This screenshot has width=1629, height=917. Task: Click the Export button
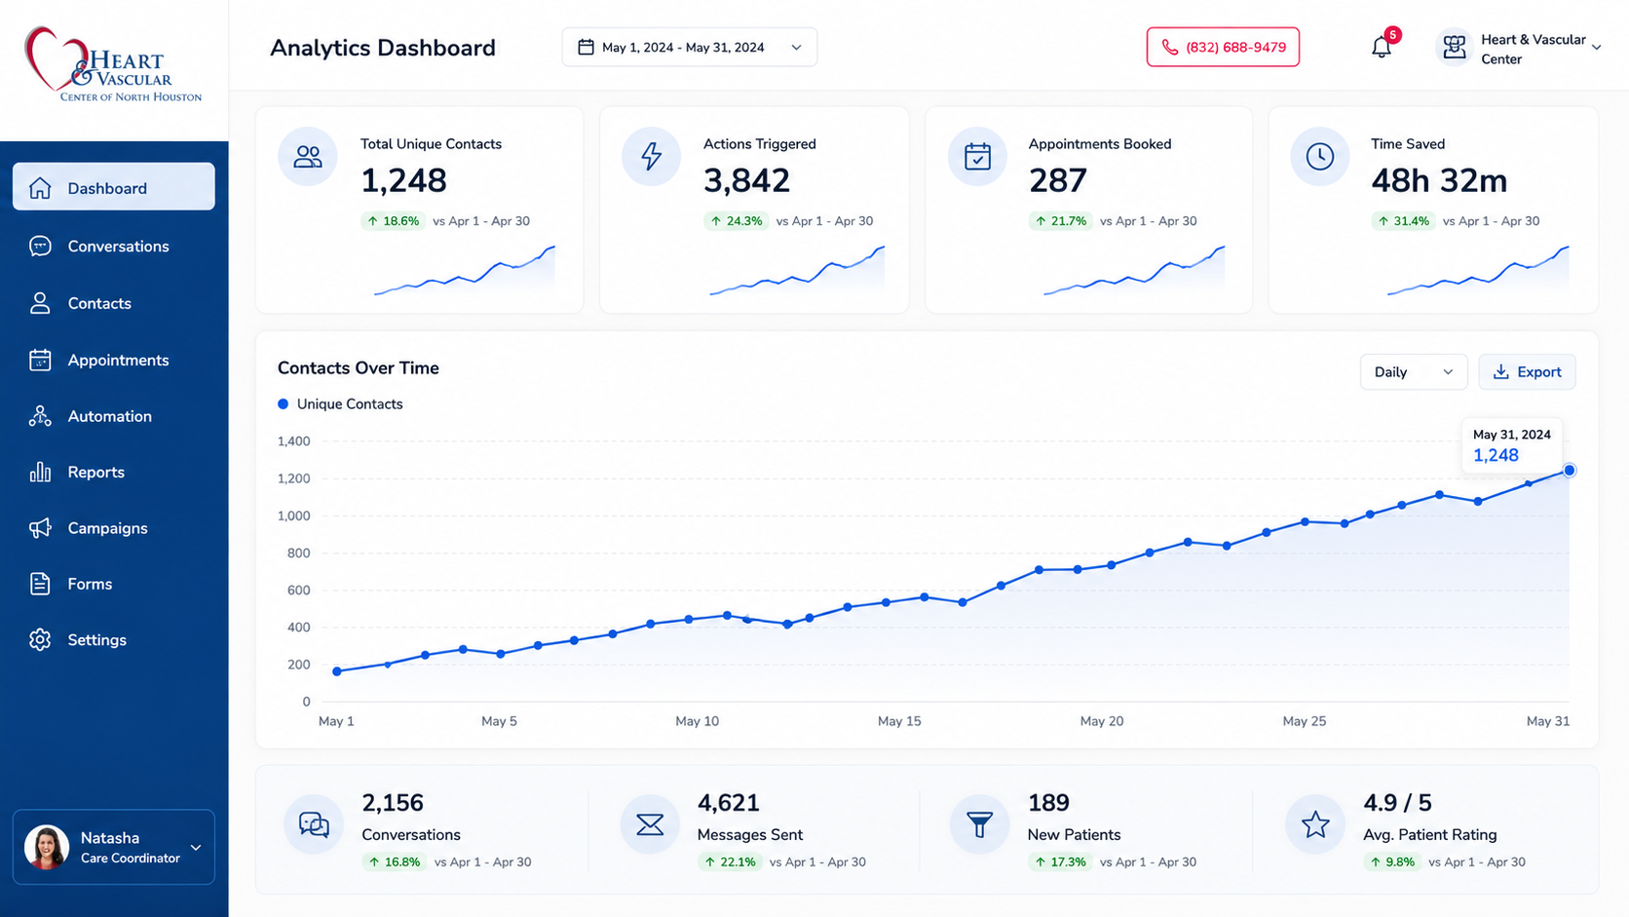click(x=1527, y=372)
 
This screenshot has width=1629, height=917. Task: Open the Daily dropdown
click(x=1413, y=372)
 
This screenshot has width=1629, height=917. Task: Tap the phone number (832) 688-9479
click(x=1223, y=48)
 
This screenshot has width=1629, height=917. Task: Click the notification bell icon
click(x=1381, y=48)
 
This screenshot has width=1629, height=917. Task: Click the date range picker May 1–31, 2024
click(x=690, y=48)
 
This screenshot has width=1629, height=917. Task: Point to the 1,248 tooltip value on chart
click(x=1496, y=455)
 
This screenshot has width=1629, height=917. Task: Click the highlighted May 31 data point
click(x=1570, y=471)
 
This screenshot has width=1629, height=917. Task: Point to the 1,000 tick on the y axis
click(x=294, y=516)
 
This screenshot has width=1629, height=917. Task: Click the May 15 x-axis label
click(x=899, y=721)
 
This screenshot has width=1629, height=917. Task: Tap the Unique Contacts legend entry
click(x=340, y=404)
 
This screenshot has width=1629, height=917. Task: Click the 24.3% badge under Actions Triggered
click(x=736, y=221)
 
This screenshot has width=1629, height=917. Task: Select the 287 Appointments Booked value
click(x=1057, y=180)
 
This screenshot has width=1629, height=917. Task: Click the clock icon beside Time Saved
click(x=1319, y=156)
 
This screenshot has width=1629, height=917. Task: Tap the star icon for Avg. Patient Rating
click(x=1315, y=824)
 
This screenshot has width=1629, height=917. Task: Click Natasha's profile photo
click(x=47, y=847)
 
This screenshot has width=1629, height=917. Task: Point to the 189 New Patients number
click(x=1048, y=803)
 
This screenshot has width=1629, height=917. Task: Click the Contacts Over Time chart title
click(x=359, y=368)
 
